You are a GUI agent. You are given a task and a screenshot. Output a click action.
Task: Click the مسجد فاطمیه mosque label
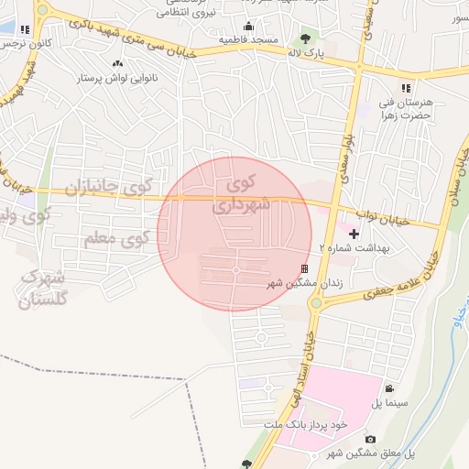(x=247, y=40)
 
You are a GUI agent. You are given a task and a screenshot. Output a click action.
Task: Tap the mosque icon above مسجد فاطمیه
(x=248, y=26)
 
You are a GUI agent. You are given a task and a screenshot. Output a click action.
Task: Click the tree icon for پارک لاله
(x=305, y=38)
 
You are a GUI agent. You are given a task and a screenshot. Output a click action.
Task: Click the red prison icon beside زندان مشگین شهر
(x=304, y=268)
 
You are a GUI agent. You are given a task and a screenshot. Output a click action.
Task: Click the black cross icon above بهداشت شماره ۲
(x=354, y=234)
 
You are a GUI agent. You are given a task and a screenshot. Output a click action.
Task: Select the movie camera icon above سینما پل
(x=390, y=388)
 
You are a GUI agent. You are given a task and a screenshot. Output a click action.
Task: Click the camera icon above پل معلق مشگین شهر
(x=370, y=440)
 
